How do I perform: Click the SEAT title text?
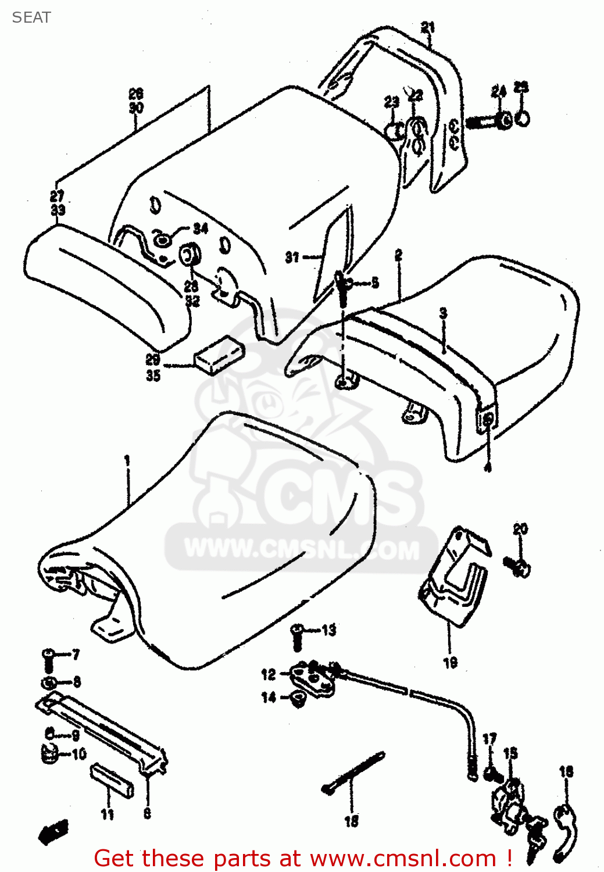pos(31,17)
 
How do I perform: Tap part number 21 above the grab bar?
pos(427,27)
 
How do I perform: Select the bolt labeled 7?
pos(48,659)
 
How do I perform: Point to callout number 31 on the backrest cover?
pos(292,257)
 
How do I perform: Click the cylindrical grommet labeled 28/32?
pos(190,255)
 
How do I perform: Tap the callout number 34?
pos(201,228)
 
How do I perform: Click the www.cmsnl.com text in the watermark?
pos(302,549)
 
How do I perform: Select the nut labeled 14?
pos(298,699)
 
